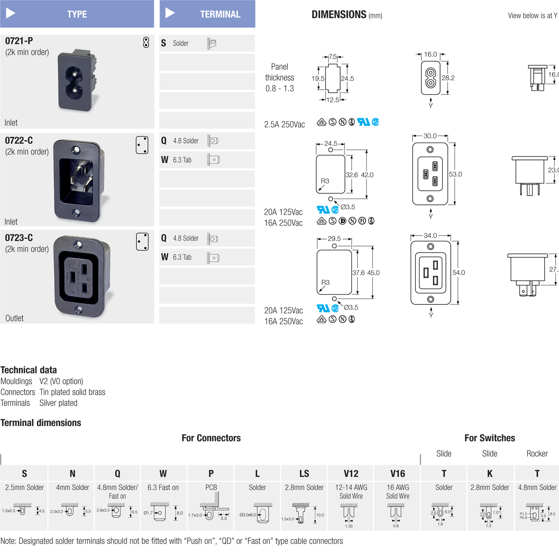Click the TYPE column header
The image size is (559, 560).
[x=77, y=14]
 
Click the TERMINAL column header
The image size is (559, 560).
[x=220, y=14]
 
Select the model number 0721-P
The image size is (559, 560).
[x=19, y=41]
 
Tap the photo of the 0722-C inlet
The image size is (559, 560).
[x=78, y=181]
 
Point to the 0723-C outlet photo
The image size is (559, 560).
[x=81, y=277]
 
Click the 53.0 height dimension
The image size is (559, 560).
[x=455, y=174]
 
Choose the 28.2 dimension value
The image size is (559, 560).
[x=448, y=78]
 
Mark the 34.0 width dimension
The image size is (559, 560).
[x=430, y=236]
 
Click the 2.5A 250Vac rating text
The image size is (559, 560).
[x=284, y=125]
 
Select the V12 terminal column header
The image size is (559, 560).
[x=351, y=474]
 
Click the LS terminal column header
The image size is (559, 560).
[x=304, y=474]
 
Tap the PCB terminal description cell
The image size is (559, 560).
[x=211, y=488]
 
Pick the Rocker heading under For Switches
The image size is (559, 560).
[x=537, y=453]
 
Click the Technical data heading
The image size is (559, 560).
[x=29, y=370]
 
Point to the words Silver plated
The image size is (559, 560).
[x=58, y=403]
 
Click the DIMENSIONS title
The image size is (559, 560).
[x=339, y=15]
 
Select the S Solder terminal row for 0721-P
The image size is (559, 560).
[x=207, y=43]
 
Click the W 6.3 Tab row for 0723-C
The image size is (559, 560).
[x=207, y=257]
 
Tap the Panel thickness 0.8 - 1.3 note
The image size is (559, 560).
[x=279, y=78]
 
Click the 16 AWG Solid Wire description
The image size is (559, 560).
[x=397, y=491]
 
